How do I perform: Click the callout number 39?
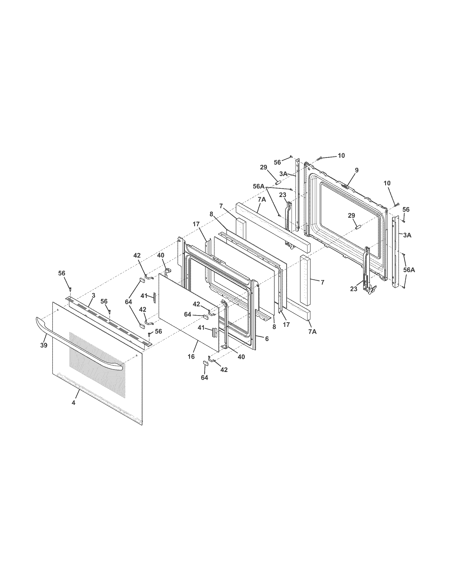pyautogui.click(x=44, y=345)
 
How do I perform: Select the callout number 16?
pyautogui.click(x=191, y=357)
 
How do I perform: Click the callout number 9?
pyautogui.click(x=357, y=170)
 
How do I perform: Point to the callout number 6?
pyautogui.click(x=267, y=338)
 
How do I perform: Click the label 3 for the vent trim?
pyautogui.click(x=93, y=295)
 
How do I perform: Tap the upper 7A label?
pyautogui.click(x=262, y=199)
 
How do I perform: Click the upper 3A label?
pyautogui.click(x=283, y=174)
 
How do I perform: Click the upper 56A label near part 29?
pyautogui.click(x=259, y=186)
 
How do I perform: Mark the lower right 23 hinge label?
pyautogui.click(x=354, y=289)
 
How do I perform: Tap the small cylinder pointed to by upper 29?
pyautogui.click(x=278, y=183)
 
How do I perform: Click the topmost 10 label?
pyautogui.click(x=341, y=155)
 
